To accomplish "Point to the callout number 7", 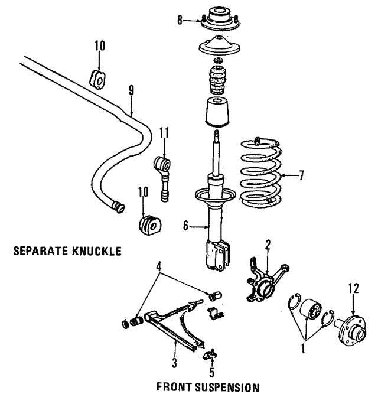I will (x=302, y=175).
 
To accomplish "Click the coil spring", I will (x=262, y=177).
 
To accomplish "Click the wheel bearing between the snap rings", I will (x=311, y=311).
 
